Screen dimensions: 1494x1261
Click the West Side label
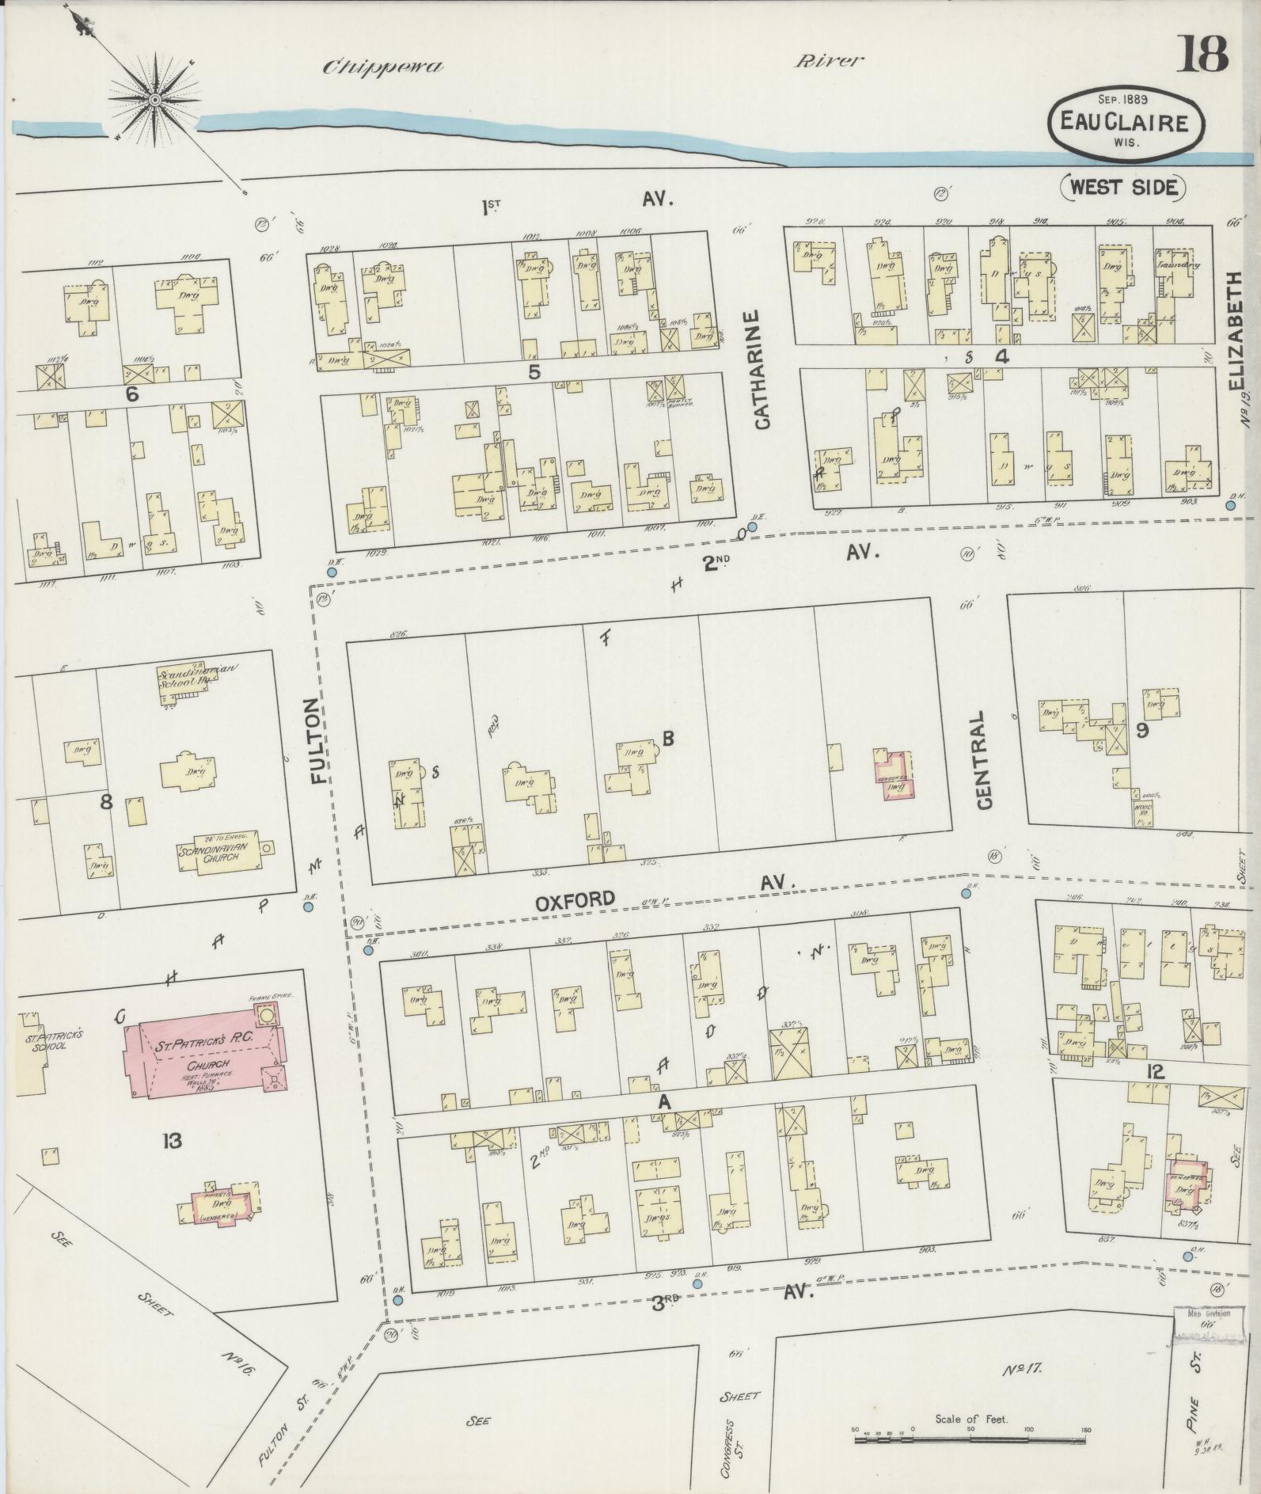pos(1124,187)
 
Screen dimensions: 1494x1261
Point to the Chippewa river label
pos(382,67)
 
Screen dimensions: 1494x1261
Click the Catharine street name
pos(762,371)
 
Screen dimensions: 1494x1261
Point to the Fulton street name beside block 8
pos(318,740)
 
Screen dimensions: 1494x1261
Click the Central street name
pos(984,759)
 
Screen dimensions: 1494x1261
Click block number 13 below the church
pos(172,1141)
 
